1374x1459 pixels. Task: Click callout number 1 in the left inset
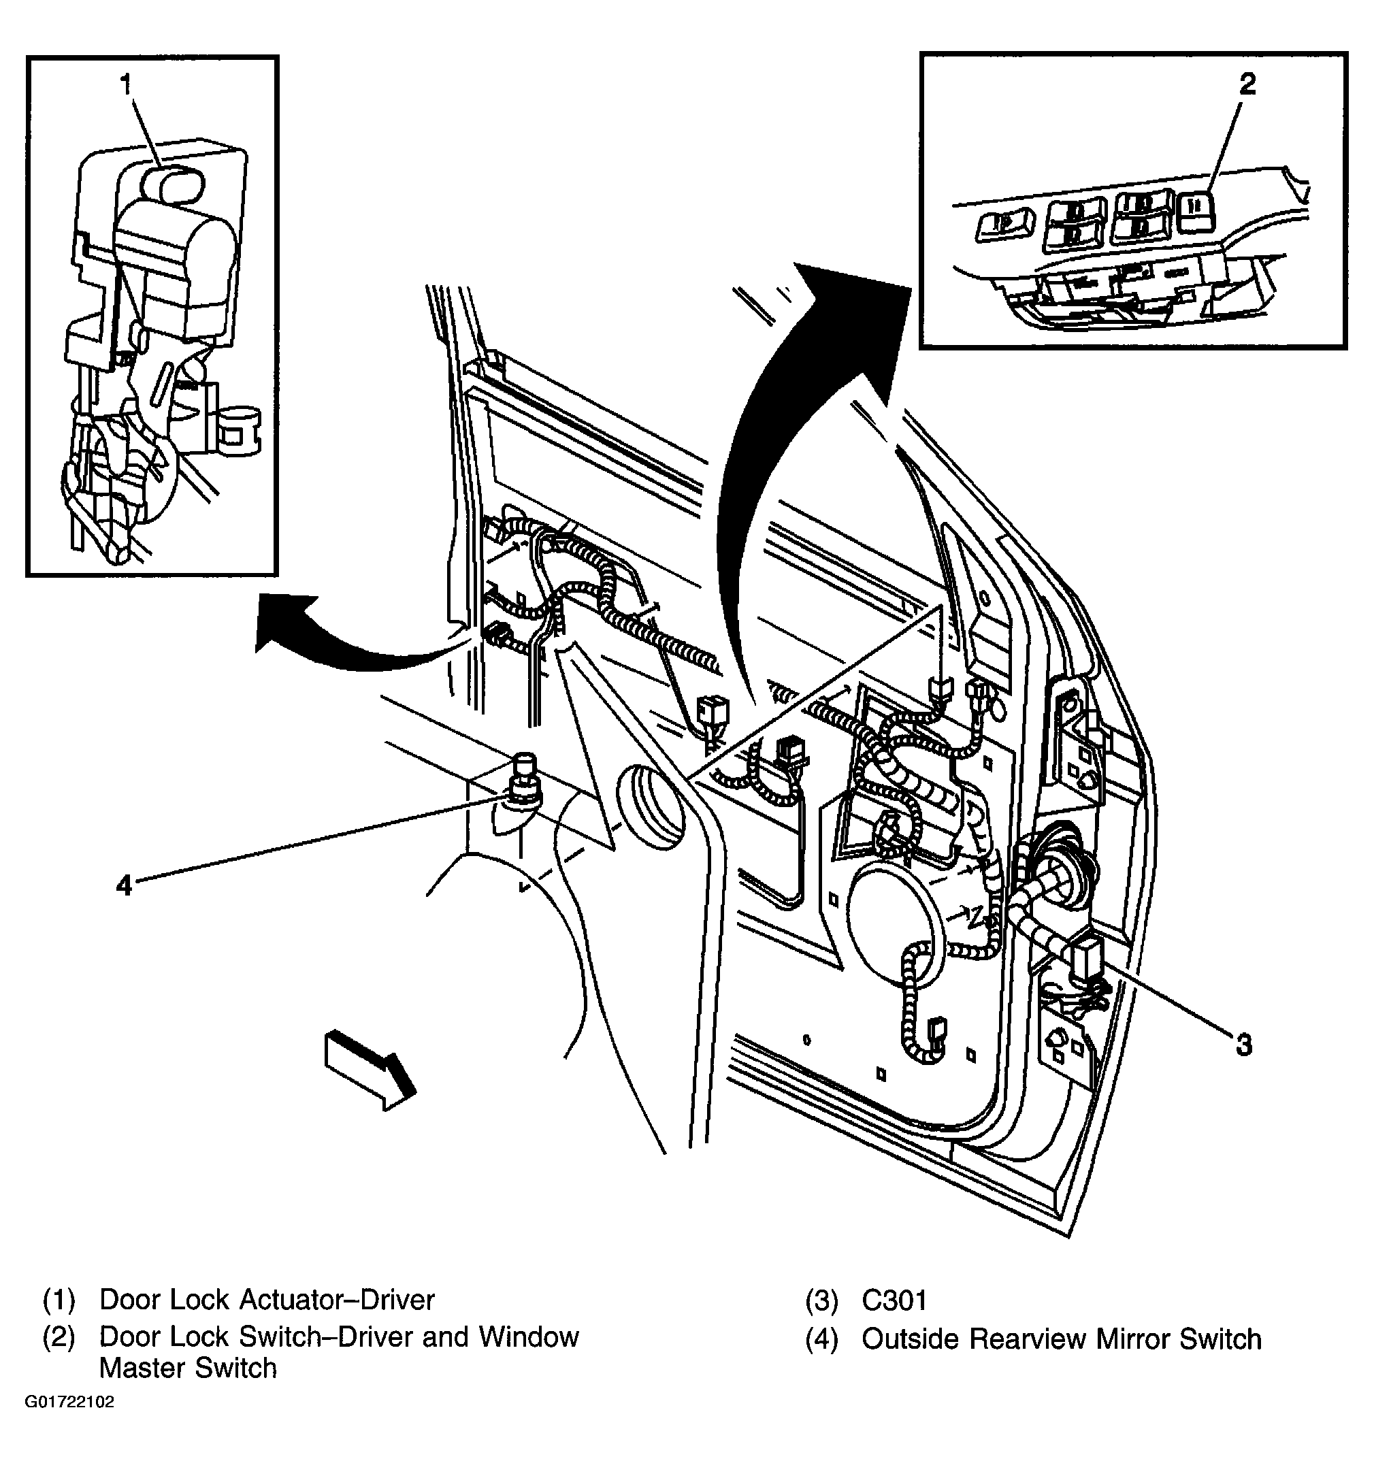127,85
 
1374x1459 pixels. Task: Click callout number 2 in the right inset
1247,84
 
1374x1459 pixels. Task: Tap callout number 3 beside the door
1243,1045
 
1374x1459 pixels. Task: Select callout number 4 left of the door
124,885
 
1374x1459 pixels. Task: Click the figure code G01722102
69,1422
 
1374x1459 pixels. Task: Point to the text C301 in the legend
894,1300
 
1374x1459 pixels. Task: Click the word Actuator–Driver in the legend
337,1300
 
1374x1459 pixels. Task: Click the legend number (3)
821,1301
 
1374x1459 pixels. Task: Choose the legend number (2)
59,1337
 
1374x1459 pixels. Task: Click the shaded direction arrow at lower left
369,1070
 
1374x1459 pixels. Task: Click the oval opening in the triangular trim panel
649,806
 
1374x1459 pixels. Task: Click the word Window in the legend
529,1337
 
